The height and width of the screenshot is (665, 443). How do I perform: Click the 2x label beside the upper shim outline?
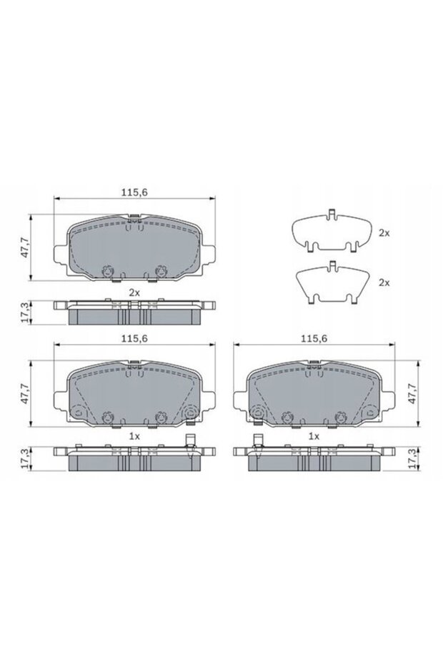(x=384, y=233)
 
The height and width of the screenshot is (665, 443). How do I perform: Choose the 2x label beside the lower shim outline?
(x=384, y=282)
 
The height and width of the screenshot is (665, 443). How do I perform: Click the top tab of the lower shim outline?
(x=333, y=267)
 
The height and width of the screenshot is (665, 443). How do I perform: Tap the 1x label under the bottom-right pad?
(x=313, y=435)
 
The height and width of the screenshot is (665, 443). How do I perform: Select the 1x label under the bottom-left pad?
(x=134, y=435)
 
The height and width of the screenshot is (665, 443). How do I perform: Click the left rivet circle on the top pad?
(x=109, y=271)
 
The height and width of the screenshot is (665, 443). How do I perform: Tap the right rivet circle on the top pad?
(x=160, y=271)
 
